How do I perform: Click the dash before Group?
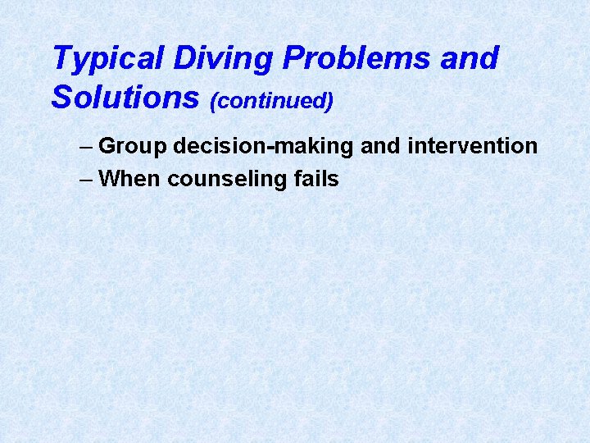click(x=87, y=148)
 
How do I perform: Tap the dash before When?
click(x=87, y=179)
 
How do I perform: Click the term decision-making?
click(x=263, y=147)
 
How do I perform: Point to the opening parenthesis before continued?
click(x=214, y=101)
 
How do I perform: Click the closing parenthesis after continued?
click(x=329, y=101)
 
